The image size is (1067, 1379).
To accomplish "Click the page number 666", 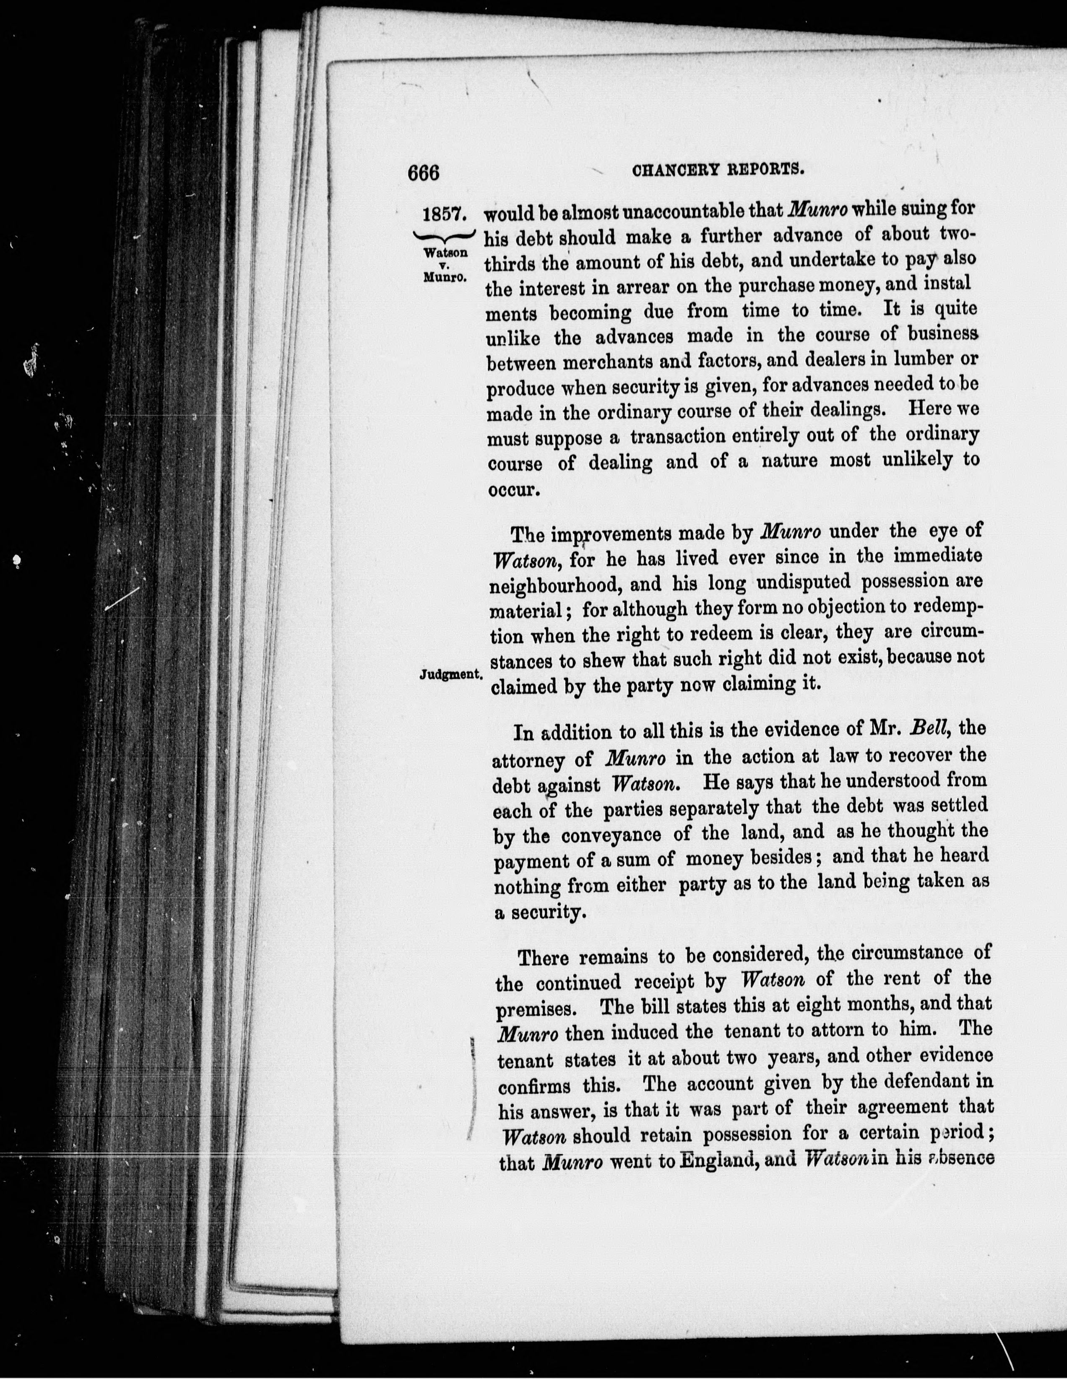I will (423, 172).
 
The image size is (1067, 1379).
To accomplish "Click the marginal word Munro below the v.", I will (445, 276).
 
